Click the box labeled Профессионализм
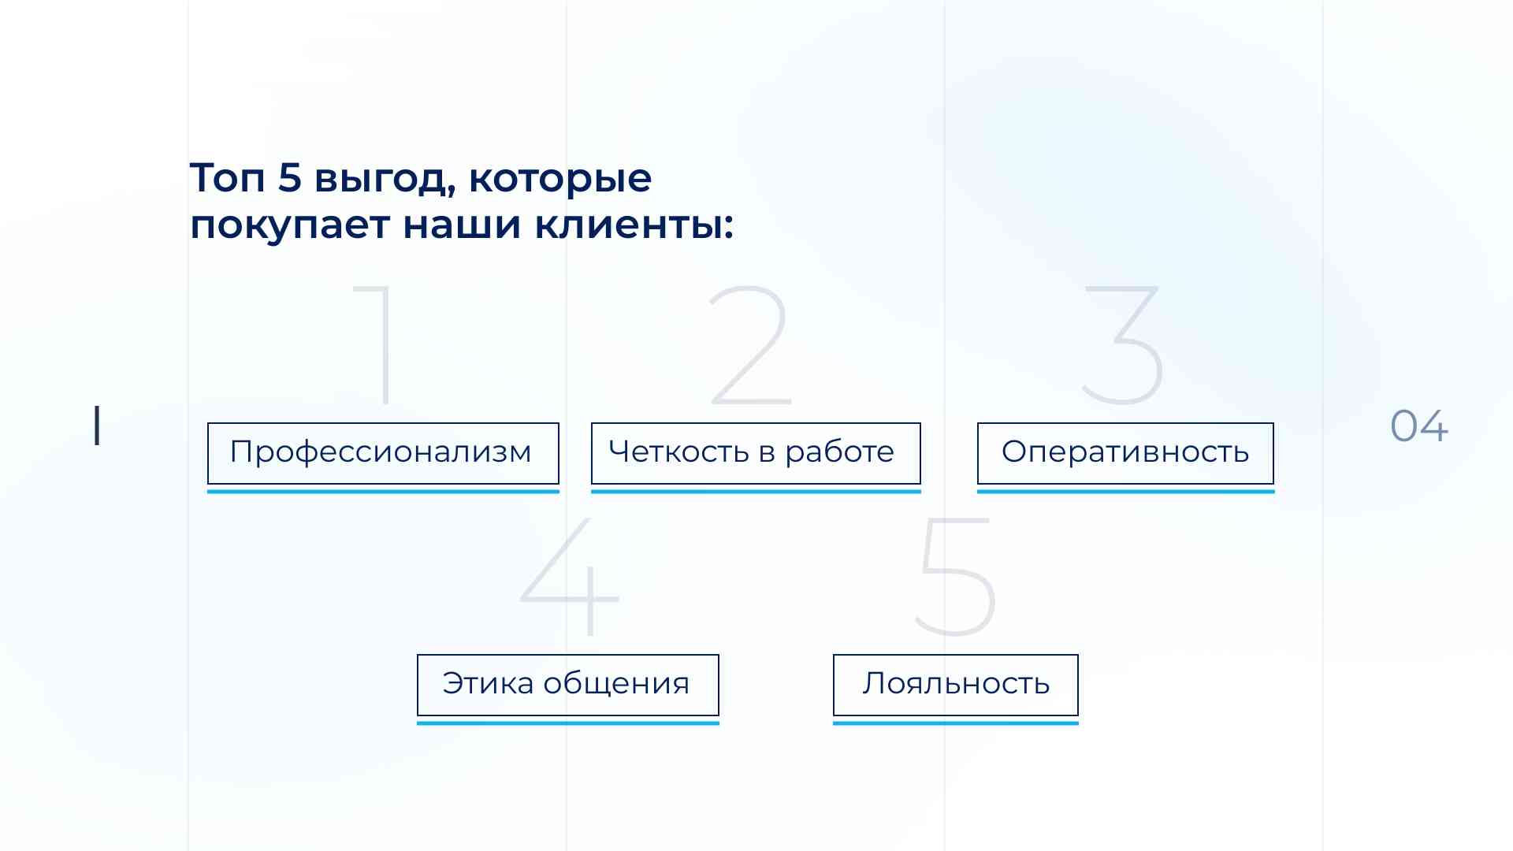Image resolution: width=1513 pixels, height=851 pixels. (383, 453)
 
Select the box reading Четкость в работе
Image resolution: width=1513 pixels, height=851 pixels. (756, 453)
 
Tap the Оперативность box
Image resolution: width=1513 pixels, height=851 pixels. (1125, 453)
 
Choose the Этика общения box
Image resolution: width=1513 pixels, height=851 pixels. (567, 685)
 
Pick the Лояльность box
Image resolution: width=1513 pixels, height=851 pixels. (955, 685)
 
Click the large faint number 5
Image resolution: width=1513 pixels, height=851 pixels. (955, 578)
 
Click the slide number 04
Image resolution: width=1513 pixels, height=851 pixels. (1419, 426)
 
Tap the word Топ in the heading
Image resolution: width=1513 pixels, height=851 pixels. (227, 177)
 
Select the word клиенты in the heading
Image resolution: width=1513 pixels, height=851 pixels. (634, 225)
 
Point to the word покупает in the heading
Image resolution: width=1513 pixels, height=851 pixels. (290, 226)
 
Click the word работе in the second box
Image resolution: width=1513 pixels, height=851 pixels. (840, 452)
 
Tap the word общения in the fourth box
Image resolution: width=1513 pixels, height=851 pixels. (616, 684)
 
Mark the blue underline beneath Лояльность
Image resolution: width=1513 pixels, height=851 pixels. (956, 723)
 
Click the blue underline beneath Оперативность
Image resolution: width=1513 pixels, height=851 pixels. (1125, 491)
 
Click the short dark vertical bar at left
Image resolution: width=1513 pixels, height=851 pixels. (97, 426)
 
